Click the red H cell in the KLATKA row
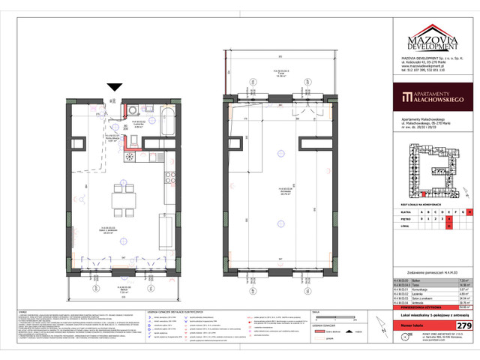[469, 212]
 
